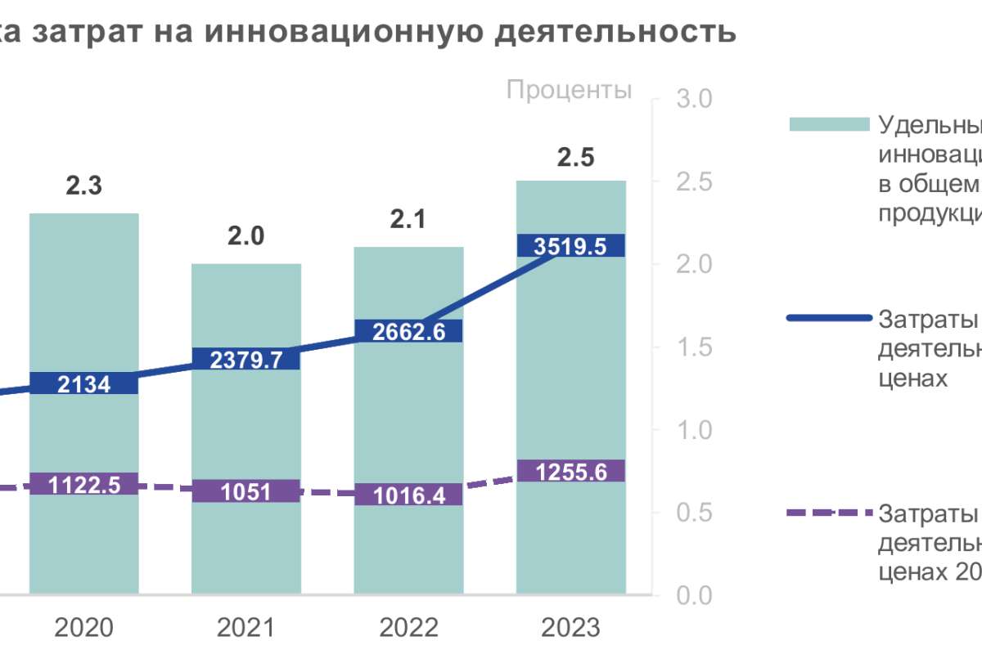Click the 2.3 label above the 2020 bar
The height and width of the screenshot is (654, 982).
84,186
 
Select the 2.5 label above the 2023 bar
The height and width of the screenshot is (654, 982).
575,157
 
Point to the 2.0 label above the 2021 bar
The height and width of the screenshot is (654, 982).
246,236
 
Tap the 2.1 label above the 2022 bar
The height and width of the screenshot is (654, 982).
408,219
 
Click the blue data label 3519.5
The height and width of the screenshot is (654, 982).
571,245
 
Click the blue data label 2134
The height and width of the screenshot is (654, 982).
83,383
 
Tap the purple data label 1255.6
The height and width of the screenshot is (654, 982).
571,471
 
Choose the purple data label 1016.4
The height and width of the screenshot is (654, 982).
408,495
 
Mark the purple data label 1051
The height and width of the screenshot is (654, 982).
246,490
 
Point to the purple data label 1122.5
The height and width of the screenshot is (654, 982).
84,484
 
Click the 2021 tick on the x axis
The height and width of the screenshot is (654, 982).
246,628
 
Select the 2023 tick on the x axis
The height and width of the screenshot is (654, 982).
571,628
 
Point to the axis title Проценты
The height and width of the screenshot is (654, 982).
569,89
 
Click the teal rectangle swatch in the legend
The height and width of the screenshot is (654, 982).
828,124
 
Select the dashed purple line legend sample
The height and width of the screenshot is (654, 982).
828,513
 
